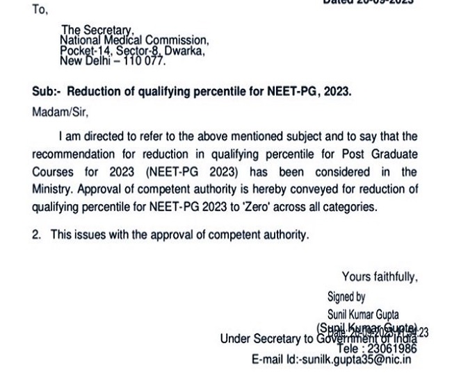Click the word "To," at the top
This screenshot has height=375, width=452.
point(40,11)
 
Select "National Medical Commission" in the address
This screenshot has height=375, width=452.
point(134,41)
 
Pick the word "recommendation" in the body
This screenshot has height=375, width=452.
point(72,153)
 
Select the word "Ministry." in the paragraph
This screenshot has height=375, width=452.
point(53,189)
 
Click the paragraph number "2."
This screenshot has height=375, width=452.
point(37,235)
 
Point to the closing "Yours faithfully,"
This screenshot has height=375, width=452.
point(380,276)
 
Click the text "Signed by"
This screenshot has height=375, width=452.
point(346,297)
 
